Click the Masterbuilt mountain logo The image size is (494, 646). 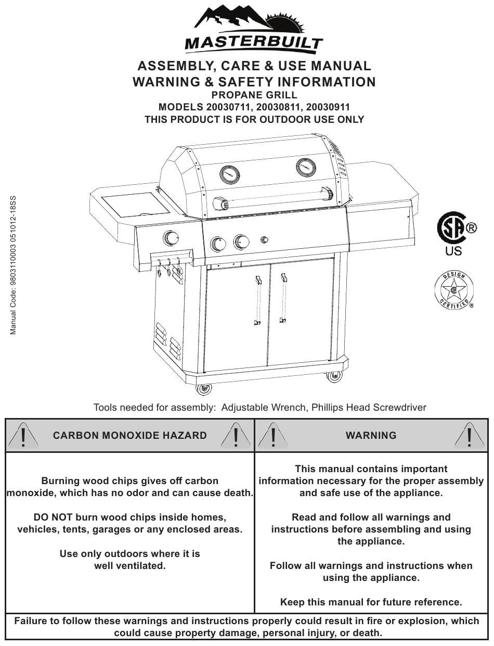click(254, 28)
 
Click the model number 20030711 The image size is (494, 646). click(228, 107)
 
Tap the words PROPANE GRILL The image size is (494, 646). click(254, 95)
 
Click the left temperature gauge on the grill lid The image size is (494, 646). click(230, 174)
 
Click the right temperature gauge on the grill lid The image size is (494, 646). click(306, 167)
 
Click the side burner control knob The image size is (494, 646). click(171, 238)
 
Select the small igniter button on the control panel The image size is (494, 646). click(264, 240)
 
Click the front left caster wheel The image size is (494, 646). click(203, 388)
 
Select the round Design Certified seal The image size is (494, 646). click(453, 290)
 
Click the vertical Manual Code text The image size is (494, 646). click(14, 265)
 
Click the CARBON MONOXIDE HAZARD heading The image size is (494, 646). click(130, 435)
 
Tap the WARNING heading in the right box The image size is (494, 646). click(371, 435)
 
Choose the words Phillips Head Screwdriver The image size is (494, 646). click(369, 408)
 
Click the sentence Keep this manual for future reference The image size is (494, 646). click(371, 602)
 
